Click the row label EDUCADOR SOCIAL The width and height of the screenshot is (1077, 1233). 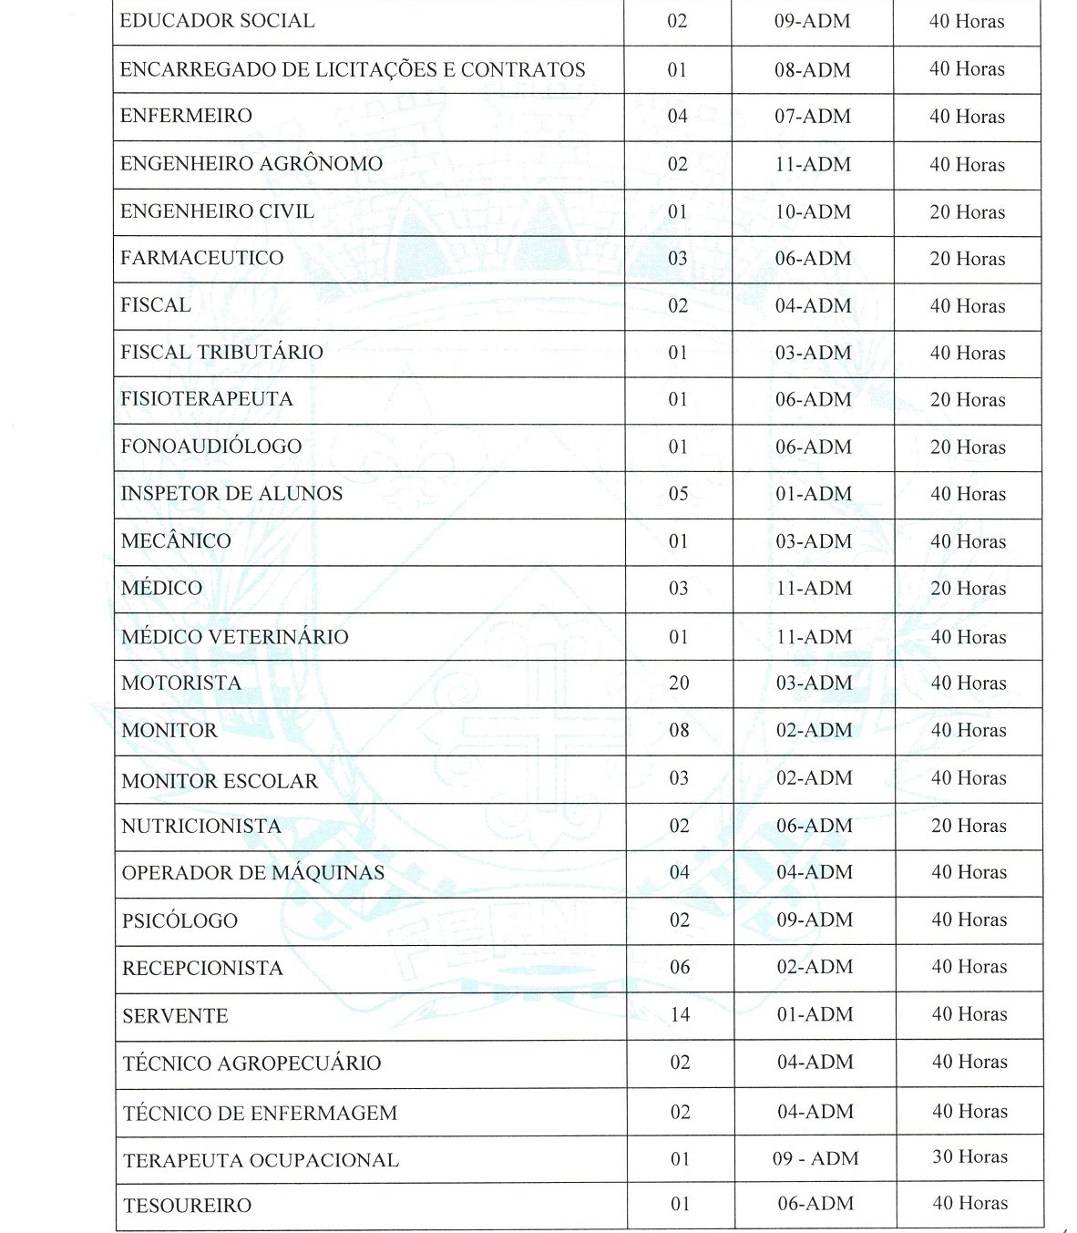point(217,21)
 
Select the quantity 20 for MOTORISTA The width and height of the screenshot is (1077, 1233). point(679,683)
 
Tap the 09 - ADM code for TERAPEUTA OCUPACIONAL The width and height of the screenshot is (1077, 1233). point(815,1158)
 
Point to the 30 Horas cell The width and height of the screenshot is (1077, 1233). point(969,1156)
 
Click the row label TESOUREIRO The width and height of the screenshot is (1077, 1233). point(187,1206)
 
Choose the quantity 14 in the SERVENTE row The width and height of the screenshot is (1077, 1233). point(680,1014)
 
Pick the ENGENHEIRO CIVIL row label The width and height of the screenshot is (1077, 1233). point(217,211)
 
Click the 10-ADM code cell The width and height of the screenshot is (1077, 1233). point(813,211)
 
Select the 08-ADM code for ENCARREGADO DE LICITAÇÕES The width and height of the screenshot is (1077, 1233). point(813,69)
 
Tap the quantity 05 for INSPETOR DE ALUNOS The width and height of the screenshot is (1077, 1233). point(678,493)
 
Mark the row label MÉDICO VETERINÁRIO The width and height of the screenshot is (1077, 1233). point(235,637)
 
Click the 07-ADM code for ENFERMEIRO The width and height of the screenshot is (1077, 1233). point(813,117)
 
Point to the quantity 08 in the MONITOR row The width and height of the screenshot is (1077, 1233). point(679,730)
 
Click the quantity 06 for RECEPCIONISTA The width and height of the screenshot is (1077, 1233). point(680,967)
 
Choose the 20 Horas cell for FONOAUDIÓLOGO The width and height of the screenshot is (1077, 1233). point(968,447)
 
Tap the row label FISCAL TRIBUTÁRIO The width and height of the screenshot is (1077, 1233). point(221,353)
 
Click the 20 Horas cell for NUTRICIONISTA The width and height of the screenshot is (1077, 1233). point(969,826)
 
